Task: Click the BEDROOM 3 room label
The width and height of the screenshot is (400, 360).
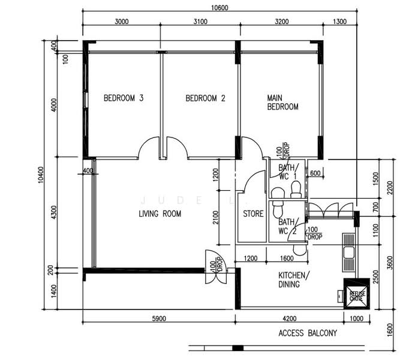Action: tap(123, 98)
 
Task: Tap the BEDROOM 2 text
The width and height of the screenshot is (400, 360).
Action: tap(205, 98)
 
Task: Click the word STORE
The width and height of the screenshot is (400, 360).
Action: tap(252, 214)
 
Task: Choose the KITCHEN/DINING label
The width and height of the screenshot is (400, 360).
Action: tap(293, 280)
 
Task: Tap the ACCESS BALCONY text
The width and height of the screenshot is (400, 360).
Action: tap(308, 333)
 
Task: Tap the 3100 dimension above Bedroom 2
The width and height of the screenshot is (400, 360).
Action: tap(200, 22)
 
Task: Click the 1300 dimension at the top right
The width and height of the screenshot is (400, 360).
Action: tap(339, 22)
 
